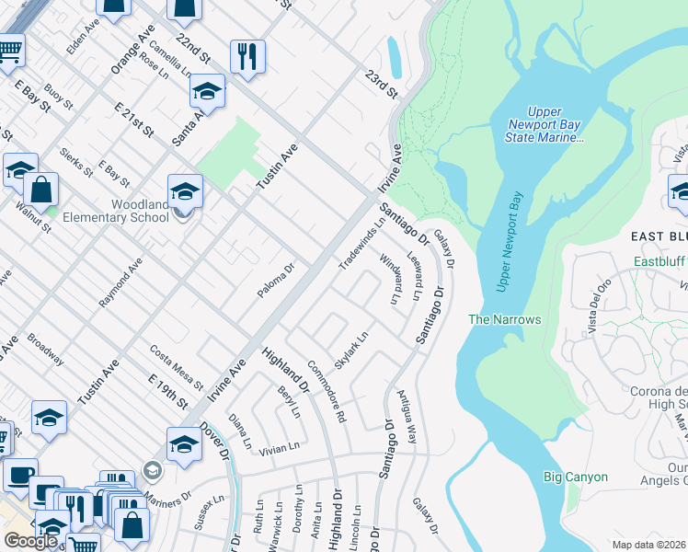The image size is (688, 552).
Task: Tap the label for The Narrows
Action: click(x=504, y=319)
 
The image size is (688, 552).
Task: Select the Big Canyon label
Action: click(x=576, y=477)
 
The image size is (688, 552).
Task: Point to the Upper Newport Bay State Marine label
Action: click(x=545, y=124)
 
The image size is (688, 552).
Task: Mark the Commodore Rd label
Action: click(x=327, y=391)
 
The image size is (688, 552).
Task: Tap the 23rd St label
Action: click(x=380, y=83)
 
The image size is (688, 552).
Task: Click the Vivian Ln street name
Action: click(x=280, y=447)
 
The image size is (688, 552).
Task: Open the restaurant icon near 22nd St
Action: click(x=247, y=57)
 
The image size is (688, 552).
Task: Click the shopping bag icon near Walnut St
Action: click(x=41, y=190)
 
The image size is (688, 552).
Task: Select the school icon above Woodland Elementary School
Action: click(x=185, y=191)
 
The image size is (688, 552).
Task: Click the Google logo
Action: click(x=30, y=541)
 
